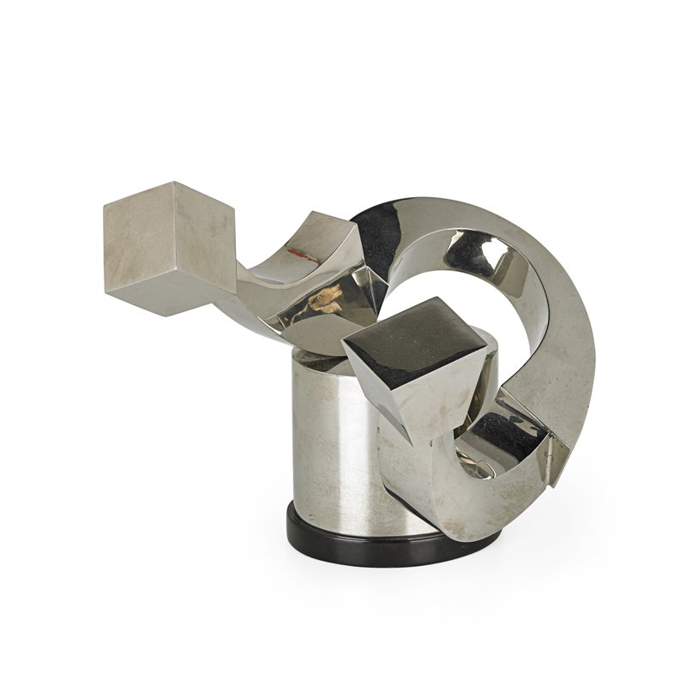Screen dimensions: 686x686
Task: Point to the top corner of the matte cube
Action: (x=171, y=182)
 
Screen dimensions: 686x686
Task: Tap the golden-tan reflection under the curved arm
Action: (x=322, y=300)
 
